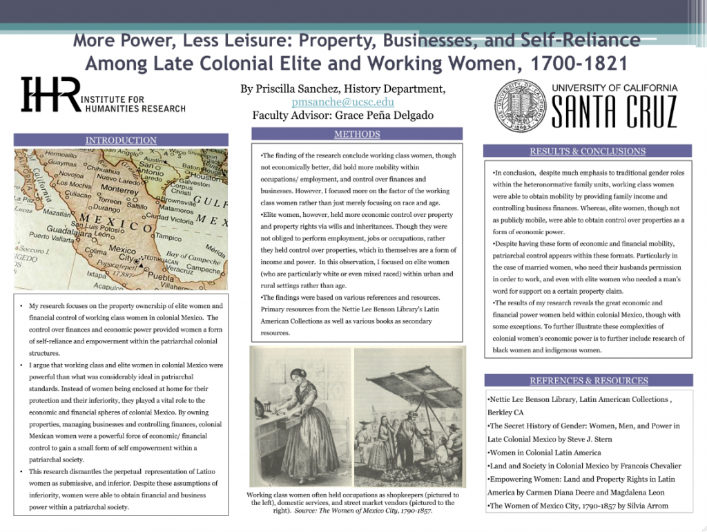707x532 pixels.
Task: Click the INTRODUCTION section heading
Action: (121, 141)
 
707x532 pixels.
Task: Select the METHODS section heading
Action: (357, 134)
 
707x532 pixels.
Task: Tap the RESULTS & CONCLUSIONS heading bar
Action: (588, 151)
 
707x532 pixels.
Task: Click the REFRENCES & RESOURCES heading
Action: (588, 381)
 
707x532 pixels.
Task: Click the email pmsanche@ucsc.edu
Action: (342, 102)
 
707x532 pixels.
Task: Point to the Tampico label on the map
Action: (169, 237)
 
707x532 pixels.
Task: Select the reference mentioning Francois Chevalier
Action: (584, 466)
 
